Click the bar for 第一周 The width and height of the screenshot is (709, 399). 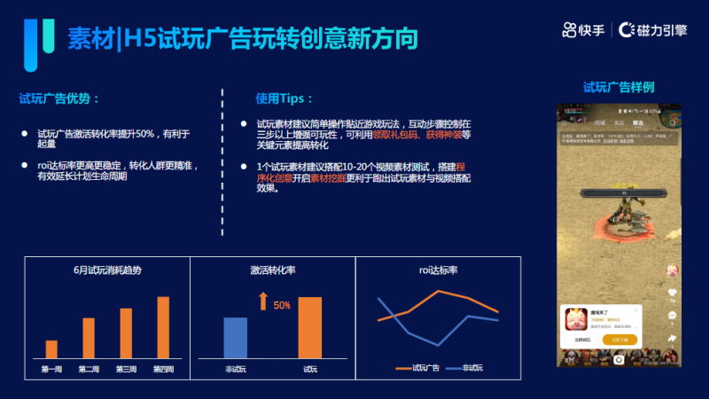pos(51,349)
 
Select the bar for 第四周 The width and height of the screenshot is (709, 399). pos(163,327)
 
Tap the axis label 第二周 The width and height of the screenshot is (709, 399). pos(89,369)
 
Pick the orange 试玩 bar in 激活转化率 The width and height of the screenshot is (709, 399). pos(310,327)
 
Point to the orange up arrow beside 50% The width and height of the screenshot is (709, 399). pos(262,302)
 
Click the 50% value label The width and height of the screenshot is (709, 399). pos(282,305)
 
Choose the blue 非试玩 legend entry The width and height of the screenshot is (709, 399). pos(466,367)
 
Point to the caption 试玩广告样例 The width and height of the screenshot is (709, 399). pos(619,87)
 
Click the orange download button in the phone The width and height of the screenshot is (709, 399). pos(619,340)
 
